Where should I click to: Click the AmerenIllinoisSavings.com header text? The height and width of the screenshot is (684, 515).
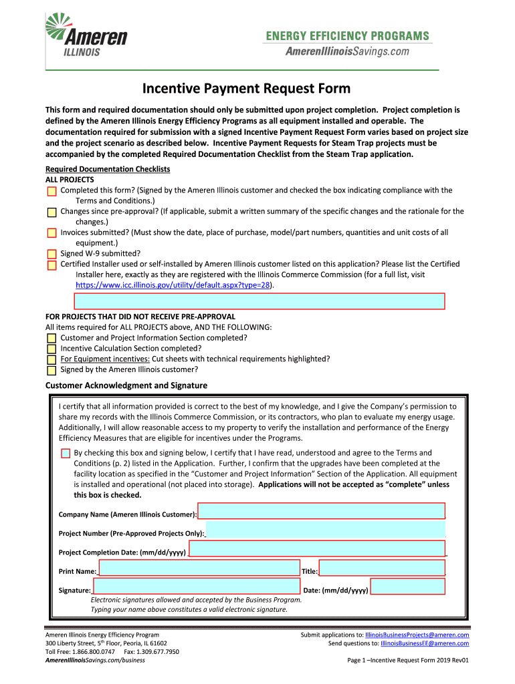[347, 51]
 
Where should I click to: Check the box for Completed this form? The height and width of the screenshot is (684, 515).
[52, 191]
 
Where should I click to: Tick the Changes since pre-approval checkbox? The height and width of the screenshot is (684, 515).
[52, 212]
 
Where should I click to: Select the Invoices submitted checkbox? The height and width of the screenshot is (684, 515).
[52, 233]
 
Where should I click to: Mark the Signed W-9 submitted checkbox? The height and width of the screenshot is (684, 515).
[52, 254]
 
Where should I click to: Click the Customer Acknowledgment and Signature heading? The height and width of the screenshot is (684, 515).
[126, 385]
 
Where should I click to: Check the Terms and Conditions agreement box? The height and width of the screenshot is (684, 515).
[66, 454]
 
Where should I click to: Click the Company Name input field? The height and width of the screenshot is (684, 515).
[321, 511]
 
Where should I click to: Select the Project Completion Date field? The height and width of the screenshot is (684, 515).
[317, 548]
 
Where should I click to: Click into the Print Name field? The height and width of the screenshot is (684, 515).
[199, 568]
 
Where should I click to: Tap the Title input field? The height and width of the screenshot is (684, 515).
[382, 568]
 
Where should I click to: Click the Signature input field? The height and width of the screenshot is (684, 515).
[196, 586]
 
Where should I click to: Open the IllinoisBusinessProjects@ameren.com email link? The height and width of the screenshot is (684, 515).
[417, 635]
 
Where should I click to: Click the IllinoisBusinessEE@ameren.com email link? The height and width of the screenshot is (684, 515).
[424, 643]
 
